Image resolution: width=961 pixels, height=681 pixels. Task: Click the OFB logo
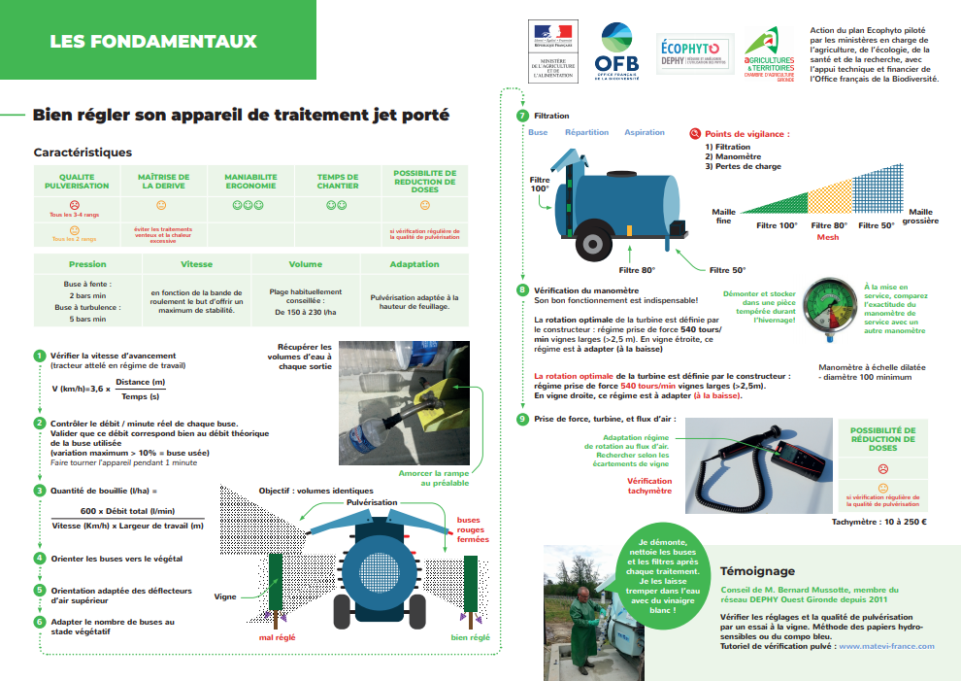(616, 50)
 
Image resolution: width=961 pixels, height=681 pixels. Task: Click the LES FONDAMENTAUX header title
(153, 42)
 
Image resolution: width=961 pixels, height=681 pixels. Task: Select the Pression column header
(87, 264)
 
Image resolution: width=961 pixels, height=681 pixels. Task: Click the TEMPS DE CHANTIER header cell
(337, 182)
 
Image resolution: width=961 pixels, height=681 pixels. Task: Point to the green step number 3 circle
(39, 491)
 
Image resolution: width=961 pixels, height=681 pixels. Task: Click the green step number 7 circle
(523, 116)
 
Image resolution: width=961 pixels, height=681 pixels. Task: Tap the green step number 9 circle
(523, 419)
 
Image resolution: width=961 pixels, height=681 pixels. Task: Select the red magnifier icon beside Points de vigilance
(694, 134)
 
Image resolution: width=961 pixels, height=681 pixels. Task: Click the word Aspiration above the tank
(645, 132)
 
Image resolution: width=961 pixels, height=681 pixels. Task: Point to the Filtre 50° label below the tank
(727, 270)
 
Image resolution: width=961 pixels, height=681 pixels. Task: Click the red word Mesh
(828, 238)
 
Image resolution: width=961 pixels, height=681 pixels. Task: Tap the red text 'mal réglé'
(277, 637)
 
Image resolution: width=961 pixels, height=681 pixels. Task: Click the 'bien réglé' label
(471, 637)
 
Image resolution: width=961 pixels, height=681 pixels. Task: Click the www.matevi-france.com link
(886, 645)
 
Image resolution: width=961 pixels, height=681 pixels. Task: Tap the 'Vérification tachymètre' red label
(649, 486)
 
